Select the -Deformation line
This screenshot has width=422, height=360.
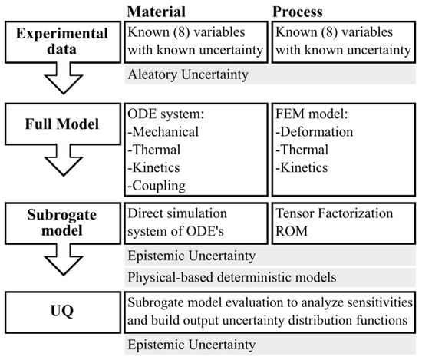(309, 131)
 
